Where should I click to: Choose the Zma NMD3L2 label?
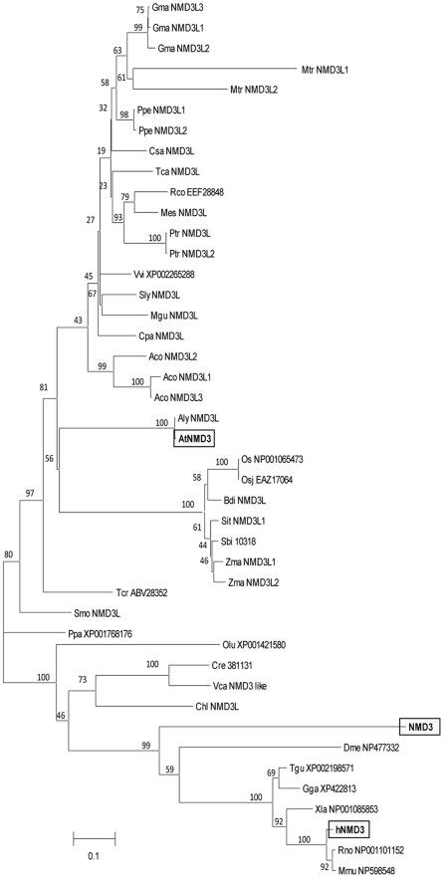pyautogui.click(x=255, y=580)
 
